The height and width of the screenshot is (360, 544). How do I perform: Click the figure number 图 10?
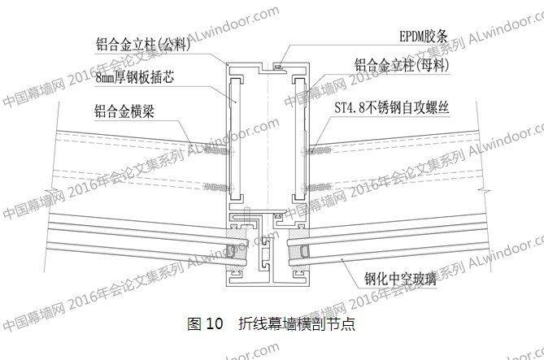(x=204, y=323)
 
